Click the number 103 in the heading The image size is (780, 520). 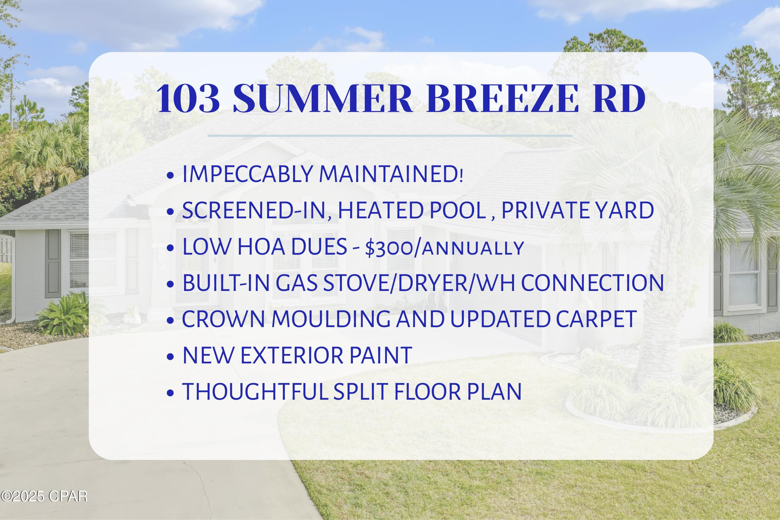click(188, 99)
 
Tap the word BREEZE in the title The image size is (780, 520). click(501, 99)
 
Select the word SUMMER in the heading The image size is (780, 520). click(323, 99)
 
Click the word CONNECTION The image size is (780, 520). click(592, 283)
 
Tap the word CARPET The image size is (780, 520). click(596, 319)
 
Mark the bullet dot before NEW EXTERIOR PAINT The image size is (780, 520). click(171, 357)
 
